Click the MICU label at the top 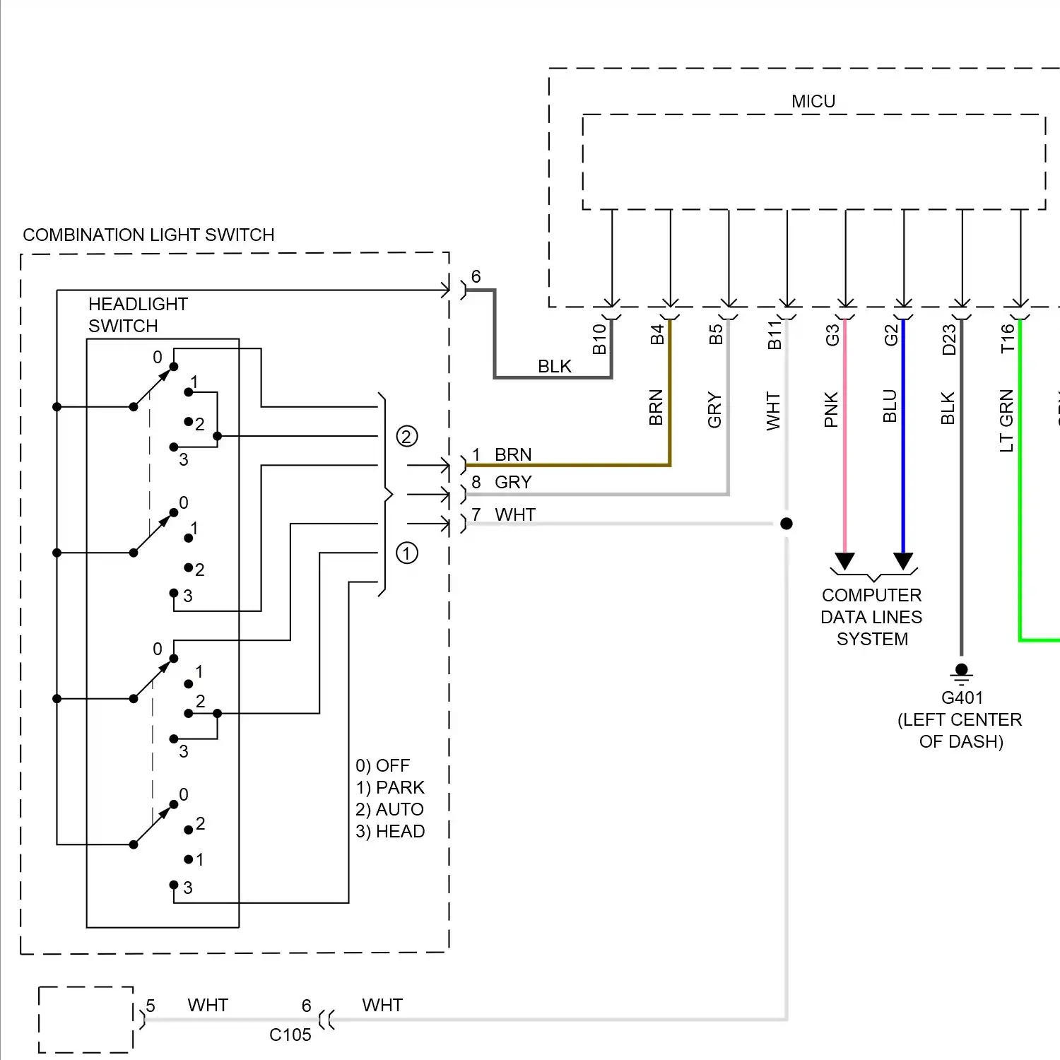[x=813, y=102]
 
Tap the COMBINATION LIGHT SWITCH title [x=148, y=235]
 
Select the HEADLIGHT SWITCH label [x=138, y=315]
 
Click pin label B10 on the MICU [x=599, y=338]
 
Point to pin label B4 [x=658, y=334]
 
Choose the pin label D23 [x=949, y=338]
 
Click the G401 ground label [x=962, y=698]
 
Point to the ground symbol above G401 [x=961, y=672]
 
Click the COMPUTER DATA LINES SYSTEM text [x=872, y=617]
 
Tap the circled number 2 [x=406, y=437]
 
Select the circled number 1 [x=406, y=553]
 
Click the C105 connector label [x=290, y=1035]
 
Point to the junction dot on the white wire [x=787, y=524]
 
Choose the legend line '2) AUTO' [x=389, y=810]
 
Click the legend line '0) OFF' [x=382, y=766]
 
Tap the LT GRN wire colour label [x=1007, y=420]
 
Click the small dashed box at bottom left [x=86, y=1019]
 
